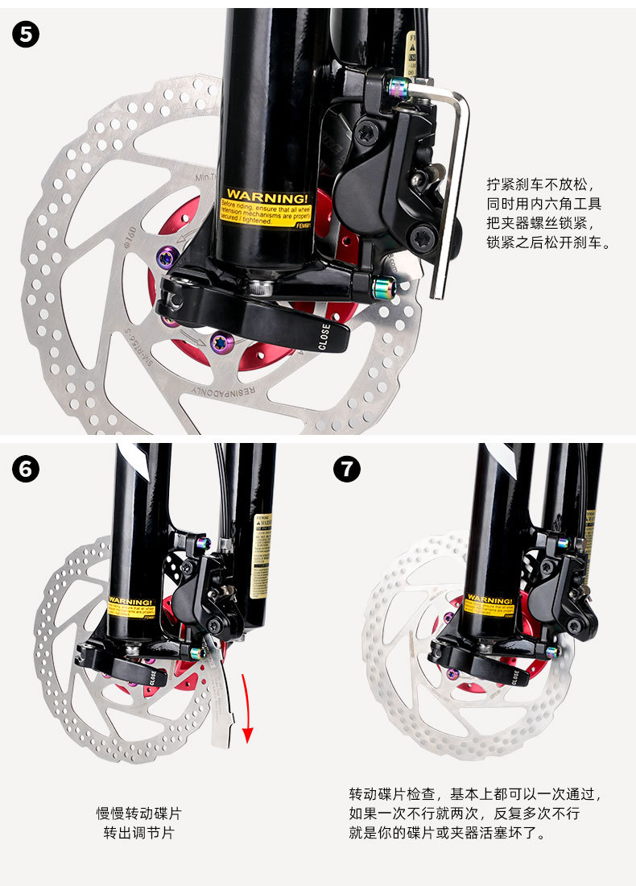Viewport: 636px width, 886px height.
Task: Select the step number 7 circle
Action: tap(347, 470)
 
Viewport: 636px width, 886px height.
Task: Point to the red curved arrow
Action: tap(247, 709)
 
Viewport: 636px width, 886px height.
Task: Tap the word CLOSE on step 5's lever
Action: tap(324, 336)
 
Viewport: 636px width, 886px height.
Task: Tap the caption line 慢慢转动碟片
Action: tap(138, 814)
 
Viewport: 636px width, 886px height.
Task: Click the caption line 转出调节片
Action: tap(138, 833)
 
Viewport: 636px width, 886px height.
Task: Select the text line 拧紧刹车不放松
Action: tap(539, 184)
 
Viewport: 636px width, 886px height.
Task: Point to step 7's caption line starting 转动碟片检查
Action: tap(475, 794)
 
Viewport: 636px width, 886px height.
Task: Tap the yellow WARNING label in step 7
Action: tap(489, 604)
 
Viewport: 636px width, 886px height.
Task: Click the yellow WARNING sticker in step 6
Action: tap(130, 606)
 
